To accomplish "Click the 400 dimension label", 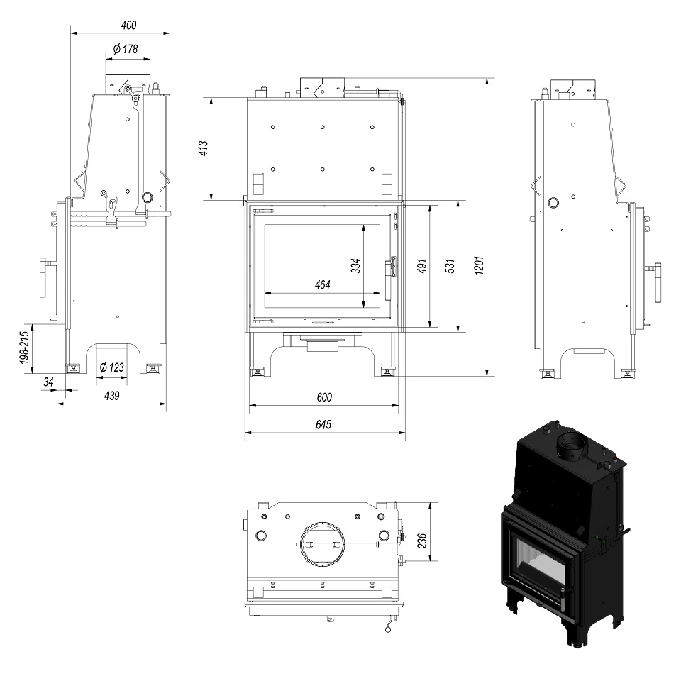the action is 129,26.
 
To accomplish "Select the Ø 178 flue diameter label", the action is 126,49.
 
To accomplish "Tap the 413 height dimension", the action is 204,148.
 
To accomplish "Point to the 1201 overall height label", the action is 479,265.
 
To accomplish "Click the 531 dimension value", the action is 450,266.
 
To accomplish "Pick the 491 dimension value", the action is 422,266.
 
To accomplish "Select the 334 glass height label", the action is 355,266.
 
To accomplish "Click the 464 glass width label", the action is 323,285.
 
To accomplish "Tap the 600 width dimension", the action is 324,397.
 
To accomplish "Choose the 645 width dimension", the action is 323,424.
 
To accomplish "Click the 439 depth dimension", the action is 111,396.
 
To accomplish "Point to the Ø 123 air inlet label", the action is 111,368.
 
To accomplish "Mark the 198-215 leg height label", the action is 25,348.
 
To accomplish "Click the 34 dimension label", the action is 48,382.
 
